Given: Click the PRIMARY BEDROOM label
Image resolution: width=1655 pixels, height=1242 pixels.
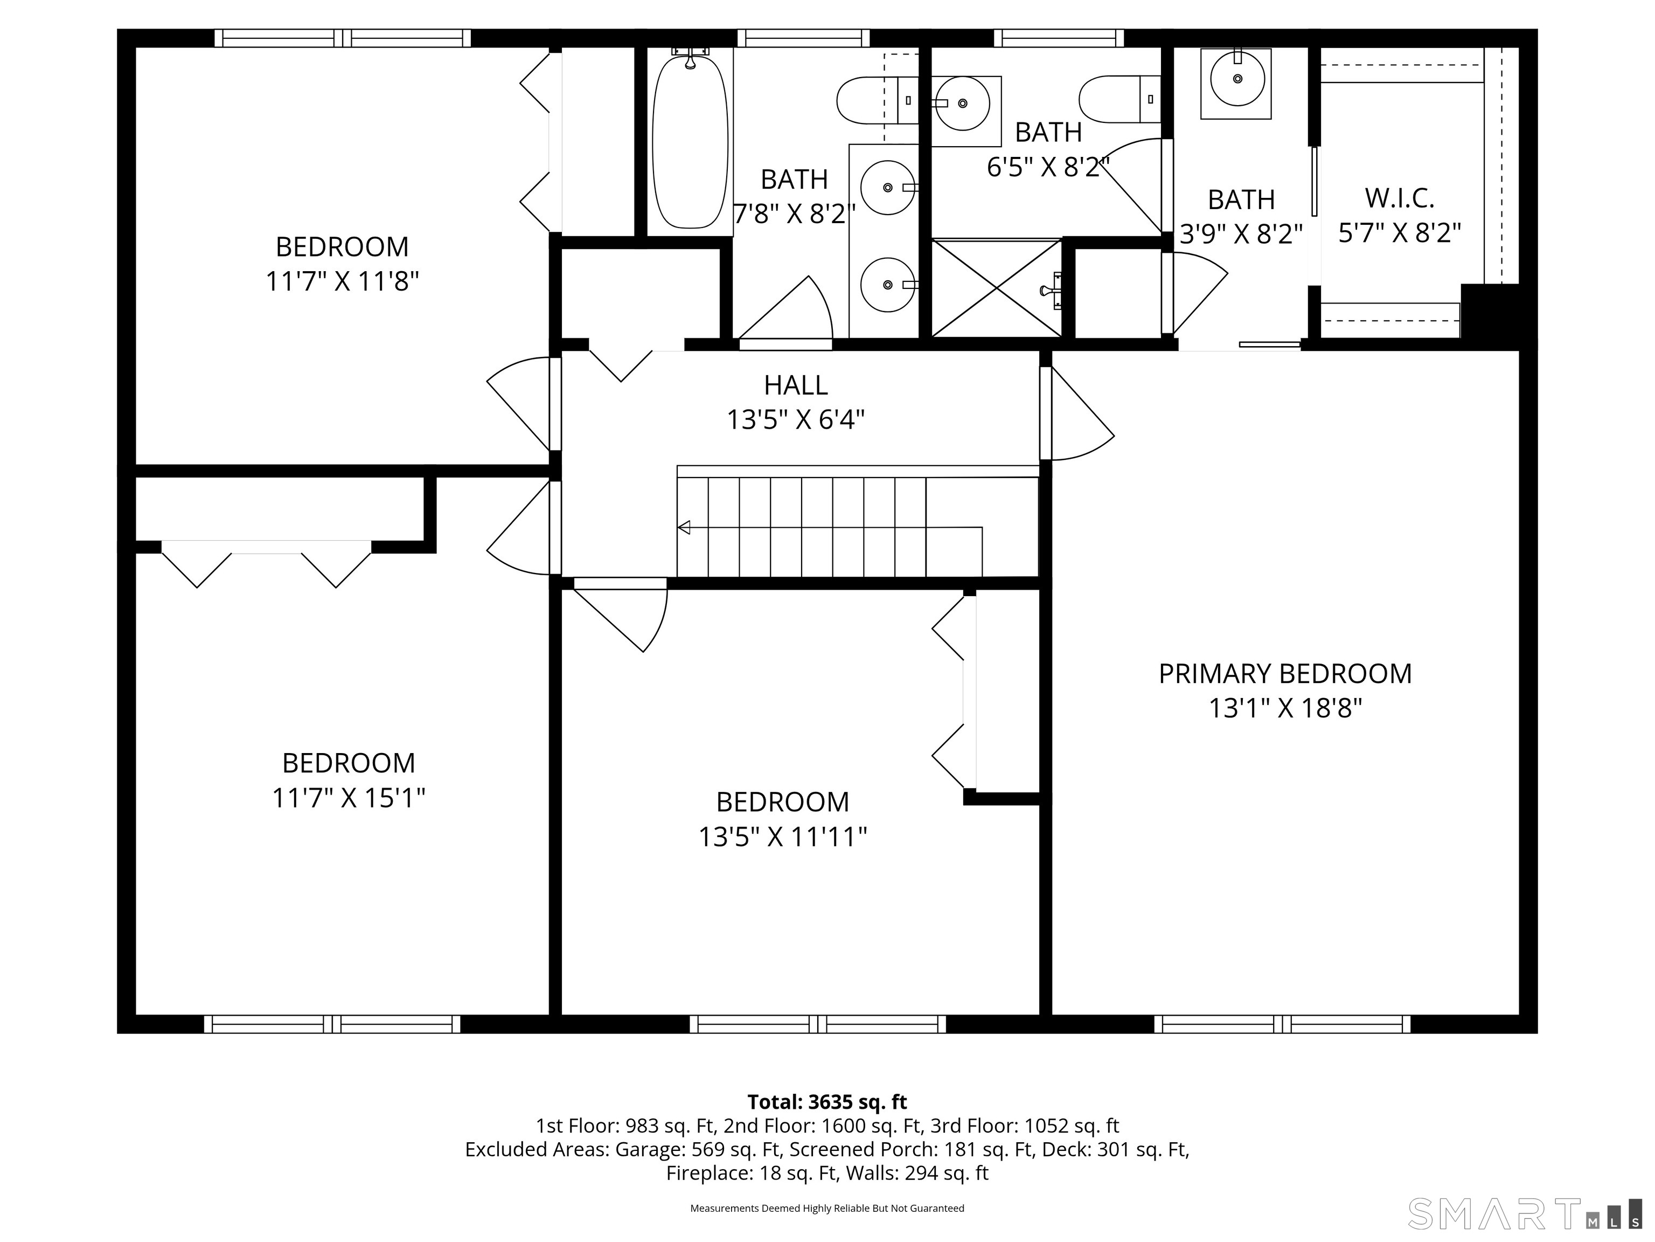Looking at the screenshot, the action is [x=1285, y=674].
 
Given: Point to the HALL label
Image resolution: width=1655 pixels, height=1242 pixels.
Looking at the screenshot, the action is [x=795, y=385].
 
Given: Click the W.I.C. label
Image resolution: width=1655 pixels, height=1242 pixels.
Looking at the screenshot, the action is [x=1399, y=198].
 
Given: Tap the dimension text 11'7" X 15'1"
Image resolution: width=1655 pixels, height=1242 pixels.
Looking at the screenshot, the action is [x=348, y=798].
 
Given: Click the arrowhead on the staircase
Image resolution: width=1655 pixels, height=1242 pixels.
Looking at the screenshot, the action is [x=683, y=527].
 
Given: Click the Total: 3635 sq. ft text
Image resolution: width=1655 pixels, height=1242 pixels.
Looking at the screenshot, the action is [x=827, y=1102].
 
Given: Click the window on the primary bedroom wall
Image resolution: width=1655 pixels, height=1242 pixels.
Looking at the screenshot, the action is [x=1282, y=1024].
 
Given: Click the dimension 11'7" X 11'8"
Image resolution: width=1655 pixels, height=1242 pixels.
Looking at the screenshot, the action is [x=342, y=281].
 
